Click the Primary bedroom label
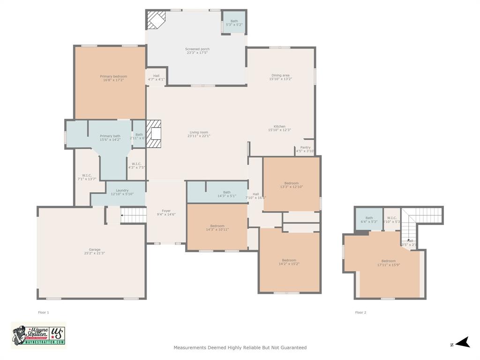[113, 78]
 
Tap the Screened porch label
[197, 51]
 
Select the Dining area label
[280, 77]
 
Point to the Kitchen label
[279, 128]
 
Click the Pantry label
[305, 149]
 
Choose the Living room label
[199, 134]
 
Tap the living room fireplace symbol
[154, 134]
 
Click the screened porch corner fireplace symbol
[156, 20]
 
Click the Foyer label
[166, 213]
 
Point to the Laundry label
[122, 192]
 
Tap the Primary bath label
[110, 138]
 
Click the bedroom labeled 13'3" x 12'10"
[291, 185]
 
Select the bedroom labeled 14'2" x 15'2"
[289, 262]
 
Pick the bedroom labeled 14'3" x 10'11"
[217, 228]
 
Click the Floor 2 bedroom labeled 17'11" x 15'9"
[388, 263]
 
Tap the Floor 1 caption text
[43, 312]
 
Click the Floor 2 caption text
[360, 312]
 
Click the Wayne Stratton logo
[38, 335]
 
